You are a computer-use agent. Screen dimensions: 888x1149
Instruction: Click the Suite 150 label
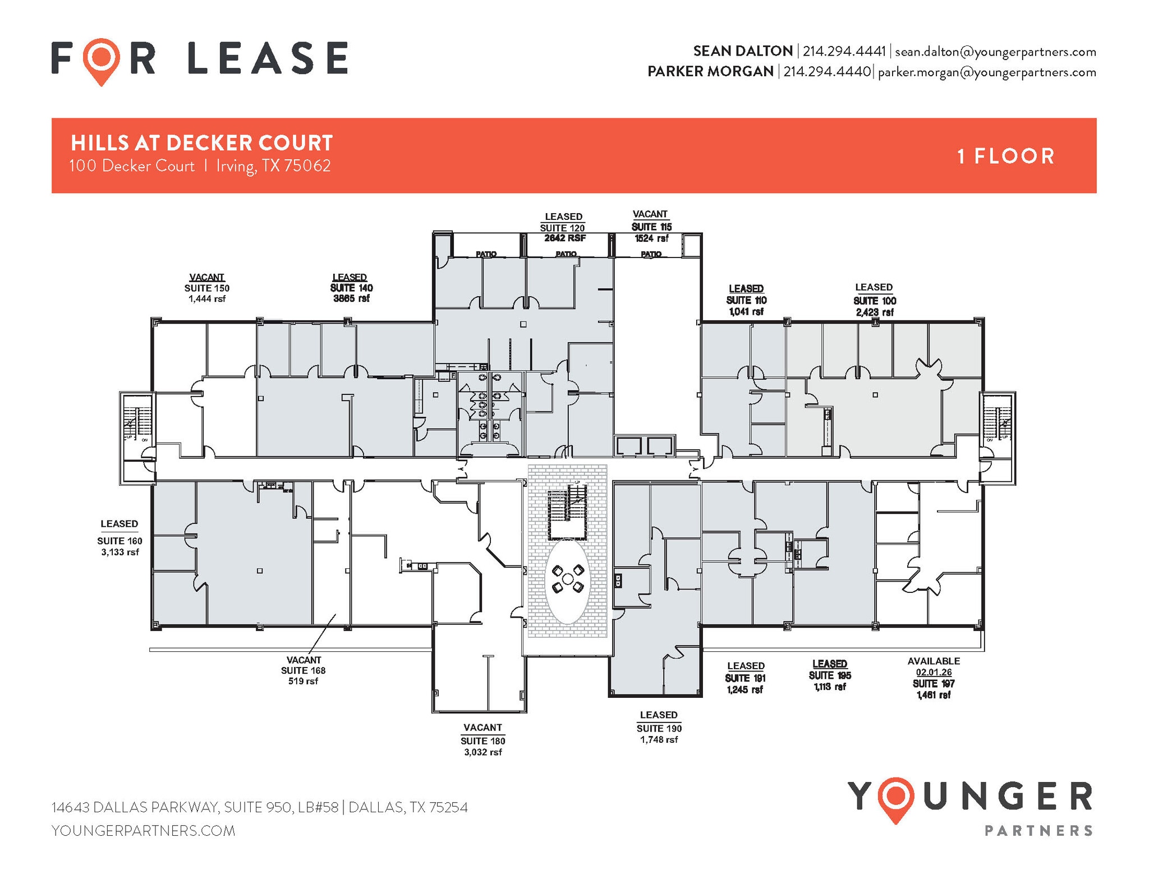point(206,288)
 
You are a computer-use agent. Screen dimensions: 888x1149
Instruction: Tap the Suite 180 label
point(482,741)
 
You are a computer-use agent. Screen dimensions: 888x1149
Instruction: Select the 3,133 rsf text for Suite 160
point(120,553)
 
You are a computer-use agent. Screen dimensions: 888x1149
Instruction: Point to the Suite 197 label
point(934,684)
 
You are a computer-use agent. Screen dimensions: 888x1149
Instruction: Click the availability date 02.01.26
point(934,673)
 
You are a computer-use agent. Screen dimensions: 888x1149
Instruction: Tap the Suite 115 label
point(651,227)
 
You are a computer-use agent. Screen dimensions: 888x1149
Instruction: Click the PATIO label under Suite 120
point(566,254)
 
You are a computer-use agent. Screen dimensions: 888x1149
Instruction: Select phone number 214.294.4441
point(844,52)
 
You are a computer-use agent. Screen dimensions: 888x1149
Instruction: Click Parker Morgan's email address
point(987,72)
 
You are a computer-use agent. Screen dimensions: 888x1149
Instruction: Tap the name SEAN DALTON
point(743,52)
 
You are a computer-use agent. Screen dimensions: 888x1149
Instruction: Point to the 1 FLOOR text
point(1006,157)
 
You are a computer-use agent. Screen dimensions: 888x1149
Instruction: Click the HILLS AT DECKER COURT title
point(202,144)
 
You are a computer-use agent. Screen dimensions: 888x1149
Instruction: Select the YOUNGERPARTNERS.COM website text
point(143,831)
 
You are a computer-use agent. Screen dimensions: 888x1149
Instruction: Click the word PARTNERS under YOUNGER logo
point(1038,831)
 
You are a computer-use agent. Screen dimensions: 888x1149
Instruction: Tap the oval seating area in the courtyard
point(567,581)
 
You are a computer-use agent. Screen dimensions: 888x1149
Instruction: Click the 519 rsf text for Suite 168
point(303,682)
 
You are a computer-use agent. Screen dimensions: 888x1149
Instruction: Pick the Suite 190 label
point(659,729)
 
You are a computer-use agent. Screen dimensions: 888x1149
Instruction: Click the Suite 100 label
point(875,301)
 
